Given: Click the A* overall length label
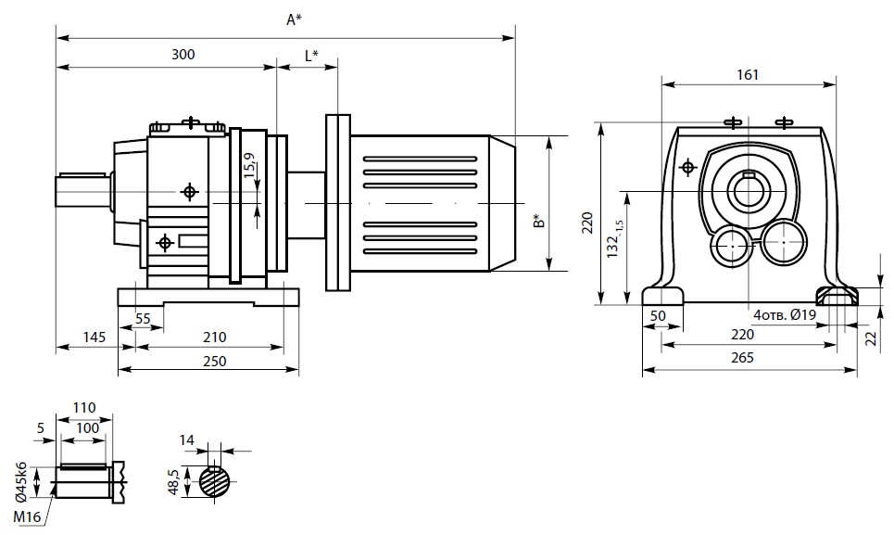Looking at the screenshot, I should (294, 19).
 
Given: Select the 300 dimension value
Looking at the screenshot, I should (183, 55).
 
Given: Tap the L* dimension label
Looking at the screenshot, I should (311, 55).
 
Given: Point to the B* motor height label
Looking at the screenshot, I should (537, 221).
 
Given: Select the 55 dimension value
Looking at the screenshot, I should (143, 318).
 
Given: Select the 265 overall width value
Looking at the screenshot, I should (743, 358).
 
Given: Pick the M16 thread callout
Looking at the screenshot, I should (26, 515).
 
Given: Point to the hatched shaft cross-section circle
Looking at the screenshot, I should (215, 482).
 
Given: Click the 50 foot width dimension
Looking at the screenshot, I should (659, 316).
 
